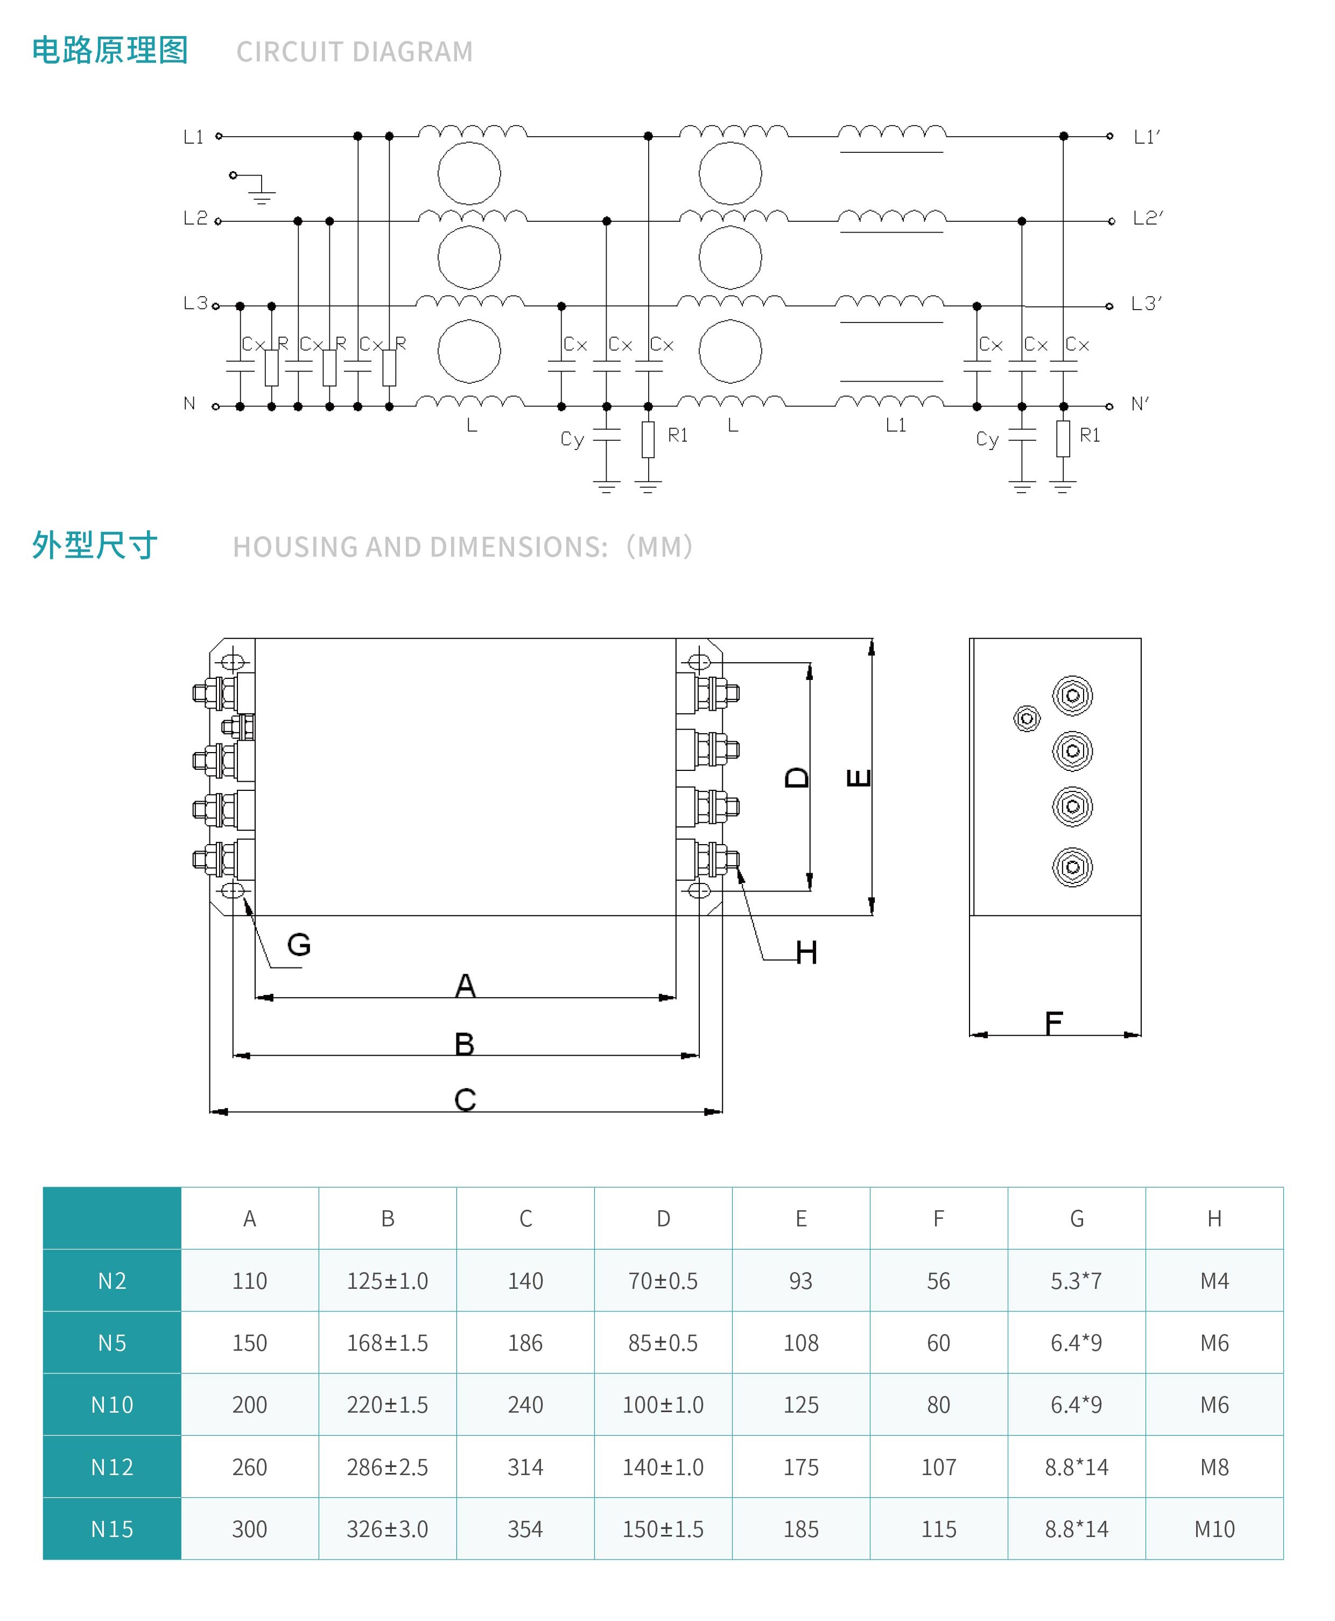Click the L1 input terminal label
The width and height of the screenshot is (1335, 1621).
(x=193, y=137)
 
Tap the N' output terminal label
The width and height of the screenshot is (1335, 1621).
(x=1140, y=404)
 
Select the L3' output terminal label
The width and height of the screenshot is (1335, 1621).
(x=1146, y=304)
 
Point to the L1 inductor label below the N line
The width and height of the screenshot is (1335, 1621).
(x=896, y=425)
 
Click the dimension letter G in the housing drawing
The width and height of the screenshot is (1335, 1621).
(x=299, y=944)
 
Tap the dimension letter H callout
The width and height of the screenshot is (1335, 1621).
(x=806, y=953)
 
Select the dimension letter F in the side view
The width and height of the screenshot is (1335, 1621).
(x=1053, y=1023)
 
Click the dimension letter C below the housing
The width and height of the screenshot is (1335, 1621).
(x=465, y=1100)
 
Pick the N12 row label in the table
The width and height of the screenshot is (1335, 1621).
(x=113, y=1467)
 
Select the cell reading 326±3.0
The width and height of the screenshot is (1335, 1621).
(x=388, y=1529)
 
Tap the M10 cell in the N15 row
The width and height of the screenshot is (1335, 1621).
(x=1214, y=1529)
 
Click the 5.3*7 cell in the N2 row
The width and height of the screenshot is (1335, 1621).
(x=1077, y=1281)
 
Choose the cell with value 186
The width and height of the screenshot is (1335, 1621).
(x=525, y=1343)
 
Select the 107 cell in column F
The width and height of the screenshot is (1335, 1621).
(x=939, y=1467)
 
